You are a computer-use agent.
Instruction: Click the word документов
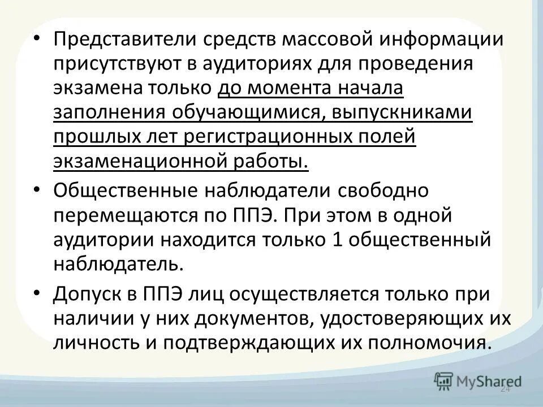pos(257,318)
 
